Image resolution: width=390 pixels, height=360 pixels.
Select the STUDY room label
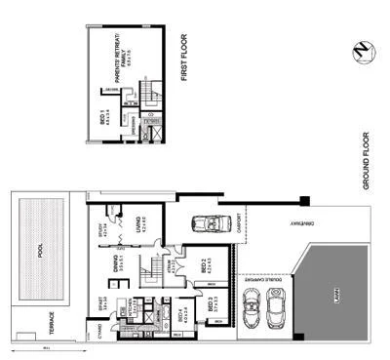click(101, 231)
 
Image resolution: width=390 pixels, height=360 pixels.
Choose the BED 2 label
click(201, 264)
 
